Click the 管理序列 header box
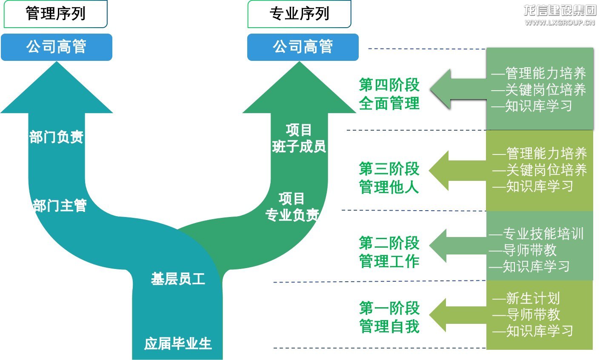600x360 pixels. click(x=55, y=14)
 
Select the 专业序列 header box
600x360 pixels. click(x=299, y=14)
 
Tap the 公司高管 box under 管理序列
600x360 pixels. click(x=56, y=47)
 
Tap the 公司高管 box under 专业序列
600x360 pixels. click(x=303, y=47)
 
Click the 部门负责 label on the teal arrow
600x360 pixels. click(x=56, y=137)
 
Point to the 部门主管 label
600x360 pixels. click(x=60, y=206)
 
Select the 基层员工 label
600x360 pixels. click(x=178, y=279)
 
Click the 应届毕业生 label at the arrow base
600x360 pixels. click(x=178, y=343)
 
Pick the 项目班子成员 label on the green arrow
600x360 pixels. click(x=299, y=138)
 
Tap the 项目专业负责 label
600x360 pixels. click(x=292, y=207)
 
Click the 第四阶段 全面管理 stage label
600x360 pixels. click(x=389, y=94)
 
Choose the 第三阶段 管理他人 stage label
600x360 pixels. click(x=389, y=178)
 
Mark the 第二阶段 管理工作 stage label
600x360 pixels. click(x=389, y=252)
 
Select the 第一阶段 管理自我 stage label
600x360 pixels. click(x=389, y=317)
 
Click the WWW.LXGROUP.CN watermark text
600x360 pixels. click(x=560, y=23)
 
